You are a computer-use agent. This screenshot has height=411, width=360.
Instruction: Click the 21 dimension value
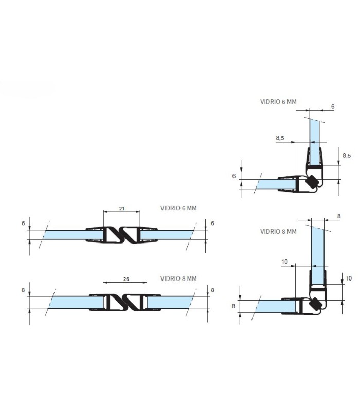click(x=122, y=209)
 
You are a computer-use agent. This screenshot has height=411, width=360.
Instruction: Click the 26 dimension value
click(x=126, y=279)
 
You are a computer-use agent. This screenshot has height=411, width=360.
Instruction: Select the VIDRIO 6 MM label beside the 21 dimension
click(x=178, y=208)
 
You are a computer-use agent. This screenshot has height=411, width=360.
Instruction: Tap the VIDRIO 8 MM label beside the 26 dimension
click(x=178, y=278)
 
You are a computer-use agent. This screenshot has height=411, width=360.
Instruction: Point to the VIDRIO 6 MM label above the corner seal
click(x=278, y=102)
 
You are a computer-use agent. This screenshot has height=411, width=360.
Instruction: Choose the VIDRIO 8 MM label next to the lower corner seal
click(x=278, y=232)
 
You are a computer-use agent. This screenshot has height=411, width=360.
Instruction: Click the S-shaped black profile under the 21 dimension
click(x=122, y=235)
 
